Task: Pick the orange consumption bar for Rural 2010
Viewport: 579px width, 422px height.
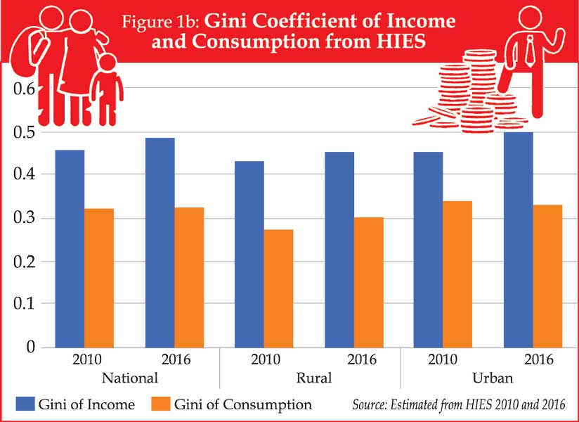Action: (279, 288)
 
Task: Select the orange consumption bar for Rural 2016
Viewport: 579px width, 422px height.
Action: (368, 282)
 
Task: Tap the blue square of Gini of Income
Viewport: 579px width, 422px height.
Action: (25, 404)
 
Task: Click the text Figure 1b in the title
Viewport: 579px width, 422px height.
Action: (160, 21)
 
